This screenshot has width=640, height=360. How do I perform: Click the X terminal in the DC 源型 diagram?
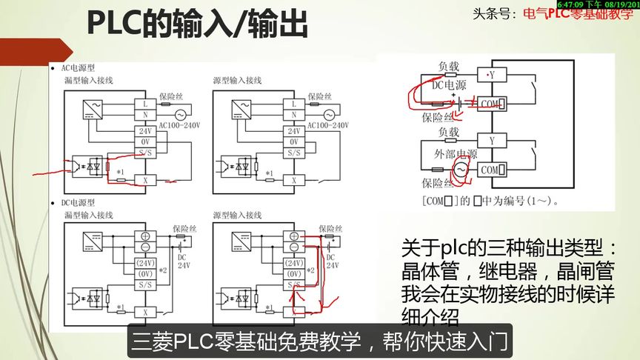(293, 312)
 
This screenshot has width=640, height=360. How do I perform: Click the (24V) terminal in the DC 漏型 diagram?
(144, 262)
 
